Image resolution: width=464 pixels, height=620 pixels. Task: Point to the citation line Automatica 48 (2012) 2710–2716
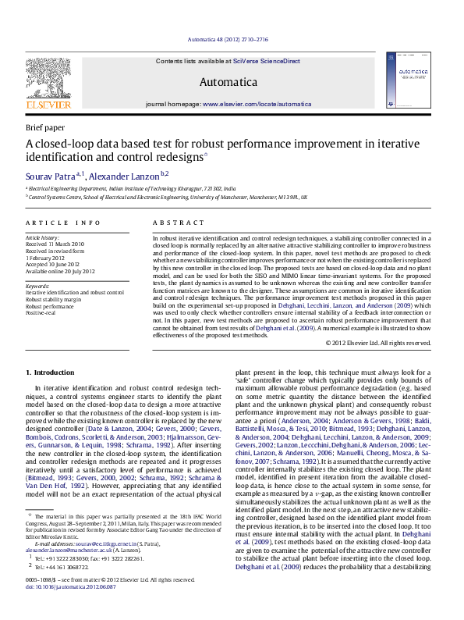point(228,39)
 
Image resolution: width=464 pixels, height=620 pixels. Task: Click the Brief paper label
point(45,127)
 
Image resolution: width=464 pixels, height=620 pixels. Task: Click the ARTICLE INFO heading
point(63,223)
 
